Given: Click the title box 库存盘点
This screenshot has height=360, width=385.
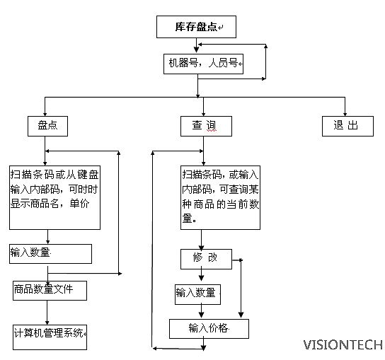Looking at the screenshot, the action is [196, 27].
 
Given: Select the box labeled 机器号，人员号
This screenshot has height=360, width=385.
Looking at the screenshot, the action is [203, 64].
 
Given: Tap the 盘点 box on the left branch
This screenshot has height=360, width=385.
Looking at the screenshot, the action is [47, 126].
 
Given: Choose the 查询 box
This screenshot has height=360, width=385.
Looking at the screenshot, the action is [206, 126].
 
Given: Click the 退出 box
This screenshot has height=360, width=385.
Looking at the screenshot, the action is [347, 126].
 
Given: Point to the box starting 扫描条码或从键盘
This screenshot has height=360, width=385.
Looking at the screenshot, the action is [54, 197].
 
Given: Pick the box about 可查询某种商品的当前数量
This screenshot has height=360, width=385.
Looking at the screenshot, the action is [220, 197].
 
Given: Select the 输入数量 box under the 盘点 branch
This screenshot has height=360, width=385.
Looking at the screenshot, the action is [50, 254].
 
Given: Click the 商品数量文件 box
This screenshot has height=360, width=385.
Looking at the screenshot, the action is [50, 291].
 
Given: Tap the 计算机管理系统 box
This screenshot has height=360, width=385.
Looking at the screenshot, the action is [50, 337].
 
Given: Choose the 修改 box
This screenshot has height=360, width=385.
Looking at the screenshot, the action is [206, 259].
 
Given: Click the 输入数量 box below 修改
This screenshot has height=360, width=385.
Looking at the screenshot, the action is [197, 294].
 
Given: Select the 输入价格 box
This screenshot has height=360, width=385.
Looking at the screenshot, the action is [209, 329].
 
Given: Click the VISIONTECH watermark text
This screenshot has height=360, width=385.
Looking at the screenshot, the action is [343, 344].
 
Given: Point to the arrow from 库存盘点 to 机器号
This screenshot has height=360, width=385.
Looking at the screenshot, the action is [196, 45].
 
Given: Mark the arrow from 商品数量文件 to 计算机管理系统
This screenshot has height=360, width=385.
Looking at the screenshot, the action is [47, 313].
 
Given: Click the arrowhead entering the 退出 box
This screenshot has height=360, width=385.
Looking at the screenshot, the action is [345, 114].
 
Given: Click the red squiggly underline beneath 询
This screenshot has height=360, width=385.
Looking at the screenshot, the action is [212, 131].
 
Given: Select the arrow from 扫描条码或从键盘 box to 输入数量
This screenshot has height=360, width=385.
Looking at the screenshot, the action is [47, 237].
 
